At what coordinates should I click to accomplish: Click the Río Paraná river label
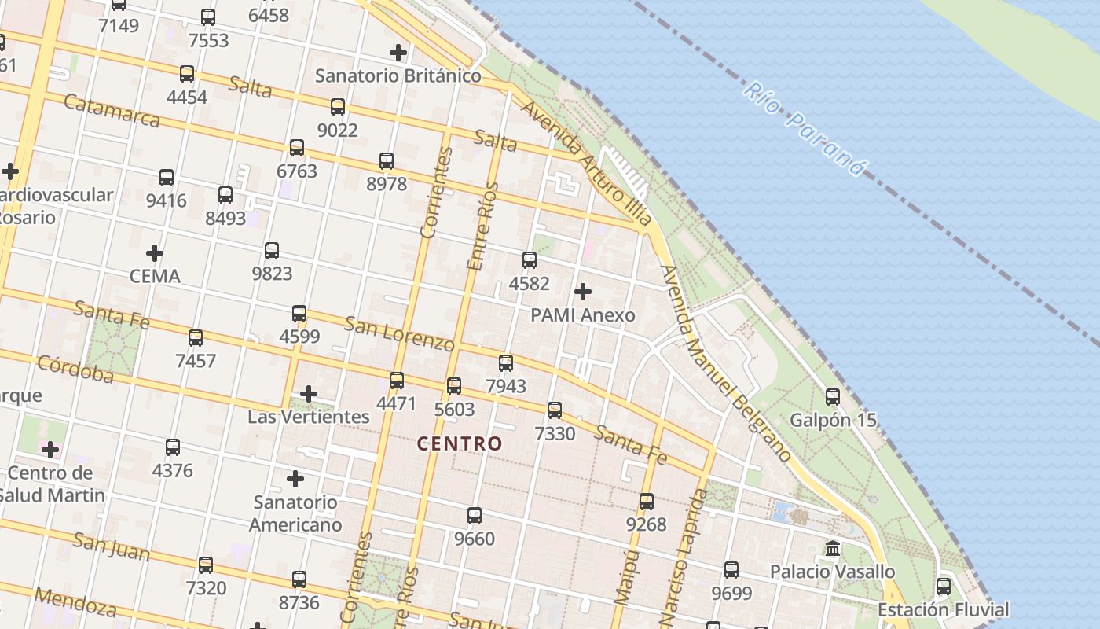point(805,129)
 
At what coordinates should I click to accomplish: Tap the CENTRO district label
point(460,443)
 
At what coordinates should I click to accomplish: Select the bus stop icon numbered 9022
point(338,106)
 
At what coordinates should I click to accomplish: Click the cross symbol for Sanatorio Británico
point(398,53)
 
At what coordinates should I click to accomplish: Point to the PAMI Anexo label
point(583,315)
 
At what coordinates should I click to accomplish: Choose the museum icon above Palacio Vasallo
point(833,548)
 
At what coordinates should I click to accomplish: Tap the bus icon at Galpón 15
point(833,397)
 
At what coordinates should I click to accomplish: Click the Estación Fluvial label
point(943,609)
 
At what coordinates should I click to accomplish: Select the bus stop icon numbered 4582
point(530,259)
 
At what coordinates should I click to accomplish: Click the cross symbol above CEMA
point(155,253)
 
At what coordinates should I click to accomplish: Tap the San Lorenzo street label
point(399,333)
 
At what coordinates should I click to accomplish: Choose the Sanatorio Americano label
point(295,513)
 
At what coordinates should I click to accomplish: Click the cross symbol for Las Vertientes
point(309,393)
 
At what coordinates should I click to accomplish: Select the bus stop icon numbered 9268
point(647,501)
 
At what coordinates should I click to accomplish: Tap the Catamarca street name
point(112,111)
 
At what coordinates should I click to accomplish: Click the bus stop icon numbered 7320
point(206,565)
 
